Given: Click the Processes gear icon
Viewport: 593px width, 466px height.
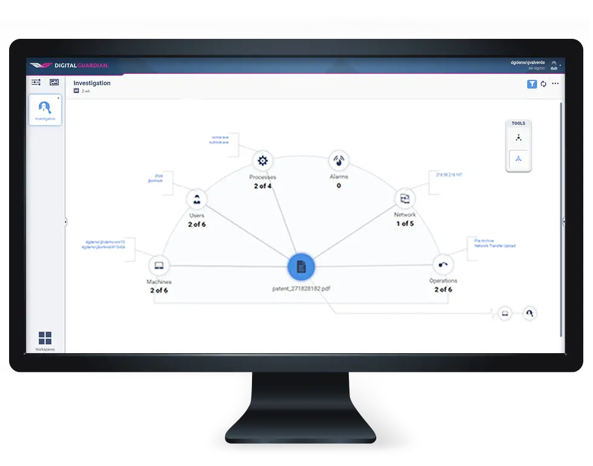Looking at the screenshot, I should pos(262,161).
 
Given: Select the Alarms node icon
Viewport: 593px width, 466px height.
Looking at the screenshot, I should pos(338,161).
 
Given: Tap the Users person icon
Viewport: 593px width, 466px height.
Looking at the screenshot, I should pos(196,200).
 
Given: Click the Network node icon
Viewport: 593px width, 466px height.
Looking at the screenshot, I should pos(404,198).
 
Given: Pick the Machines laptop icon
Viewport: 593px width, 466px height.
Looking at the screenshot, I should pos(159,266).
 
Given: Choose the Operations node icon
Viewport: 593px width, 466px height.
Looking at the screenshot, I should pos(443,265).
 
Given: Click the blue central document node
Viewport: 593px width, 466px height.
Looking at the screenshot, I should pos(301,266).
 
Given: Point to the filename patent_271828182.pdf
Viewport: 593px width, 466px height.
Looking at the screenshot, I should pos(301,289).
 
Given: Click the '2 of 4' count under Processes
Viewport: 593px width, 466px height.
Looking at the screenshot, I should pos(262,186).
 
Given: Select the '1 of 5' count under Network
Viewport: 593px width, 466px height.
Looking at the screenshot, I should pos(405,224).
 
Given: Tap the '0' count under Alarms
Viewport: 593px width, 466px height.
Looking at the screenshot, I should pos(338,186).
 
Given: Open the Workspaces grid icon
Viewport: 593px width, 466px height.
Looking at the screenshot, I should pos(45,338).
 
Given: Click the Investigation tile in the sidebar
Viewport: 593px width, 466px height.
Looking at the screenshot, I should pos(45,110).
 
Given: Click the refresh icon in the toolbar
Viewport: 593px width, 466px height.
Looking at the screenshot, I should pos(543,84).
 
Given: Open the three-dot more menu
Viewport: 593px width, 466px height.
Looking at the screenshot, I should pos(555,84).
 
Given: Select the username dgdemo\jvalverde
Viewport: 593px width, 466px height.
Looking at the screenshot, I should pos(528,62).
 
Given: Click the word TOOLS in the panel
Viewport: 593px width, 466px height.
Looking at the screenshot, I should pos(518,123).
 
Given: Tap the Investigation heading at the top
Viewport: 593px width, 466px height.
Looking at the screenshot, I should pos(92,83).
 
